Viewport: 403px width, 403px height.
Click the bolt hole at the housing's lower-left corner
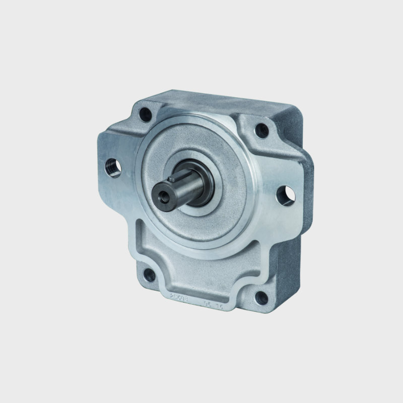coord(150,275)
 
